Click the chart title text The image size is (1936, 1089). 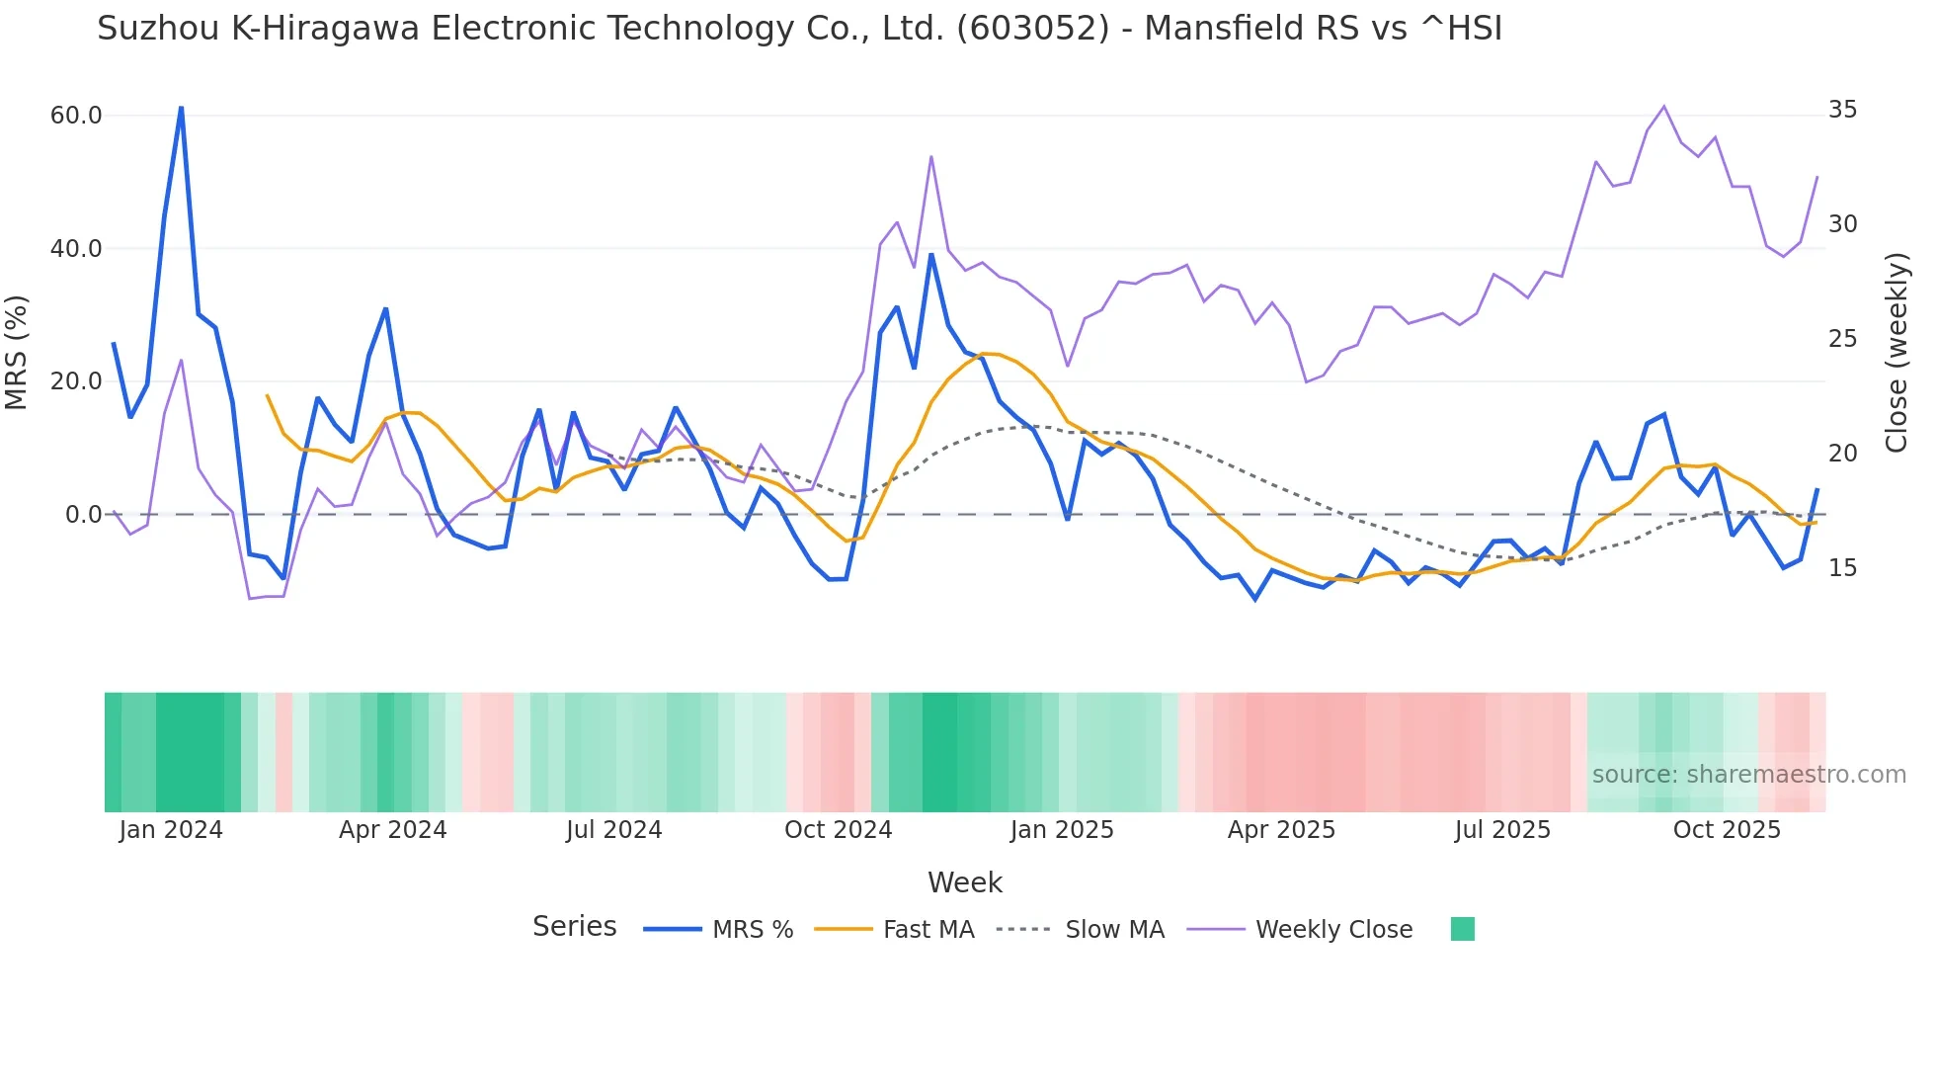(x=799, y=29)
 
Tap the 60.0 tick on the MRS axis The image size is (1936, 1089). (x=76, y=116)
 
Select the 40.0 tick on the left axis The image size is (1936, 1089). (x=76, y=249)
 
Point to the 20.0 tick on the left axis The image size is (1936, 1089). (x=76, y=381)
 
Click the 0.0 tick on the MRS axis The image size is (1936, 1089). (x=83, y=515)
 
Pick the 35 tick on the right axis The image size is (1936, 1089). (x=1842, y=110)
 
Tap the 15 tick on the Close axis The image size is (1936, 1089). (x=1842, y=568)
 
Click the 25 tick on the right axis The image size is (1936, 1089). (x=1842, y=339)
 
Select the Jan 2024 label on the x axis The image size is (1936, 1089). (x=171, y=830)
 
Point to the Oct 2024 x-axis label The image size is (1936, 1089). (x=838, y=830)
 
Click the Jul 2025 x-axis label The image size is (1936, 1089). (x=1502, y=830)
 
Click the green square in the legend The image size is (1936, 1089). (x=1462, y=929)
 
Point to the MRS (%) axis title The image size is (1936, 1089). (x=17, y=352)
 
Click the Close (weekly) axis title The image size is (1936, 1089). (x=1896, y=352)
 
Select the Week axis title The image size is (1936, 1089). (x=964, y=882)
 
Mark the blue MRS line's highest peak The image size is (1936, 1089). (x=181, y=107)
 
